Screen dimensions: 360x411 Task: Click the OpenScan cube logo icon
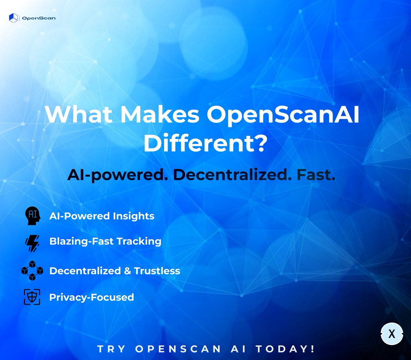[x=13, y=18]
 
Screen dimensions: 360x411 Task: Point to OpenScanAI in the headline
[x=283, y=115]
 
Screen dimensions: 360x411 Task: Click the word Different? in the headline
[x=205, y=144]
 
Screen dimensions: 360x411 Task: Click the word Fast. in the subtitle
[x=316, y=175]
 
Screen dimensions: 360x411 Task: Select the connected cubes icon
[x=32, y=271]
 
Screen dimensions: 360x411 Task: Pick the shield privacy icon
[x=32, y=297]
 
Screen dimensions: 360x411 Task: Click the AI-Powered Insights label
[x=102, y=216]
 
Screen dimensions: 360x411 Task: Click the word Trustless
[x=157, y=271]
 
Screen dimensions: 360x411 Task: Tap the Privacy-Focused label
[x=91, y=297]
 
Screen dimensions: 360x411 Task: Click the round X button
[x=392, y=334]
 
